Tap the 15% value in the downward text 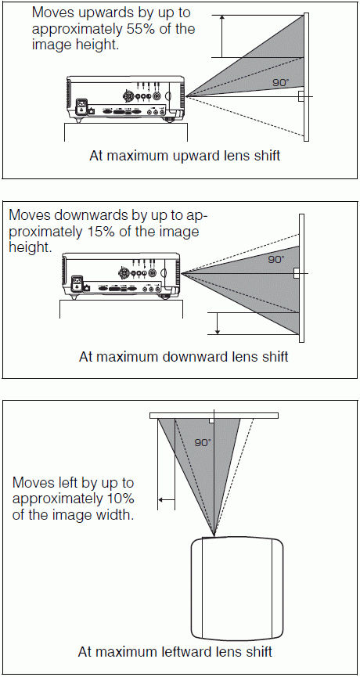click(x=95, y=232)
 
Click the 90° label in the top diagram click(x=281, y=82)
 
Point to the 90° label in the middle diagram click(x=276, y=260)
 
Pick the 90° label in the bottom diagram click(x=203, y=442)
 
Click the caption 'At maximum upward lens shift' click(x=185, y=156)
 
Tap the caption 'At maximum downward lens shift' click(x=183, y=357)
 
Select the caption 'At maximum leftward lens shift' click(x=175, y=651)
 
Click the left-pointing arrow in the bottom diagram click(x=167, y=499)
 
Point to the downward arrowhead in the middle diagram click(x=218, y=331)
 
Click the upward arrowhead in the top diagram click(x=222, y=18)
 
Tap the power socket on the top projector click(x=82, y=107)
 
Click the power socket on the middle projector click(x=77, y=283)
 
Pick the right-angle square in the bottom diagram click(x=211, y=420)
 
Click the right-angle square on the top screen click(x=301, y=95)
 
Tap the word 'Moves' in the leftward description click(x=31, y=482)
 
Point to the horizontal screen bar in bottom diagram click(x=214, y=416)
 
